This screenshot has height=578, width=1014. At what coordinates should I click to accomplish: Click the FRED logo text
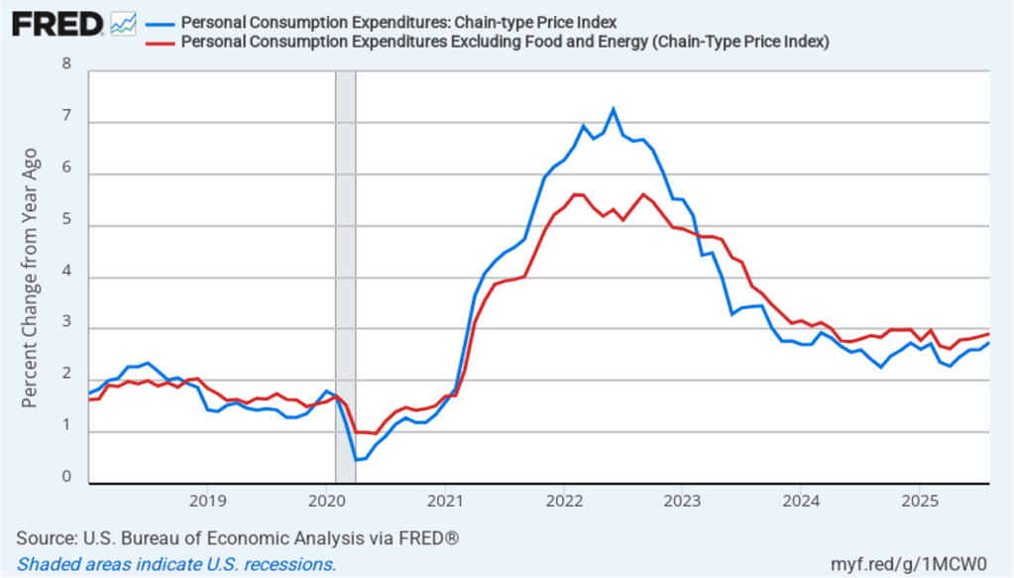[57, 23]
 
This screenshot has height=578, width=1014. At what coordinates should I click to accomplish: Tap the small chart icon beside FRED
[124, 23]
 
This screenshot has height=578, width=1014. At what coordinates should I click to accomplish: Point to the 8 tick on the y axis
[67, 64]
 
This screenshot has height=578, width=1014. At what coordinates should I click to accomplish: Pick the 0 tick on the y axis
[67, 477]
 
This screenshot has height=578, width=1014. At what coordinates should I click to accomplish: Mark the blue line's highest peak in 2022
[613, 109]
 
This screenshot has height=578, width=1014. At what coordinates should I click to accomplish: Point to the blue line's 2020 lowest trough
[355, 460]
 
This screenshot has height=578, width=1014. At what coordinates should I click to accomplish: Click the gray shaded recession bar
[345, 278]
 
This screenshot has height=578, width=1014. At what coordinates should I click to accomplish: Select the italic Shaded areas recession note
[176, 564]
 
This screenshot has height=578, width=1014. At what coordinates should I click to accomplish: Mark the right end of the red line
[988, 334]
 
